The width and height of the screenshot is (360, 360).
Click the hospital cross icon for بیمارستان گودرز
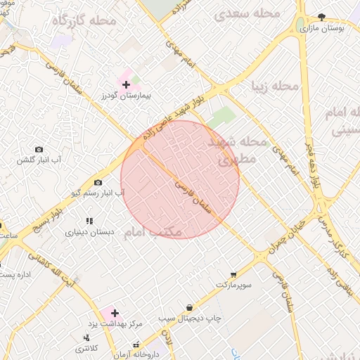pyautogui.click(x=127, y=84)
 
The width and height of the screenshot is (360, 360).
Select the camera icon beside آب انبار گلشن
pyautogui.click(x=39, y=149)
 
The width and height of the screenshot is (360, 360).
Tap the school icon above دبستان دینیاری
pyautogui.click(x=89, y=221)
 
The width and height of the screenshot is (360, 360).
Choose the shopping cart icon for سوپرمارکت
pyautogui.click(x=233, y=274)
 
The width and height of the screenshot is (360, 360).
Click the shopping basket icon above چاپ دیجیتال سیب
pyautogui.click(x=189, y=307)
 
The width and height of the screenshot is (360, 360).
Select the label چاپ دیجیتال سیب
pyautogui.click(x=189, y=319)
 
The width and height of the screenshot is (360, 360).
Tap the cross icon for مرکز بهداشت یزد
pyautogui.click(x=115, y=312)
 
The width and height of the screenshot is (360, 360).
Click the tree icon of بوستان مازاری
pyautogui.click(x=322, y=18)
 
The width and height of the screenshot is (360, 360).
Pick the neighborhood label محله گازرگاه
pyautogui.click(x=84, y=21)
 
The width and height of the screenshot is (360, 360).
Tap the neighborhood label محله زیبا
pyautogui.click(x=276, y=86)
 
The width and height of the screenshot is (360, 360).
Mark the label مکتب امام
pyautogui.click(x=153, y=231)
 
